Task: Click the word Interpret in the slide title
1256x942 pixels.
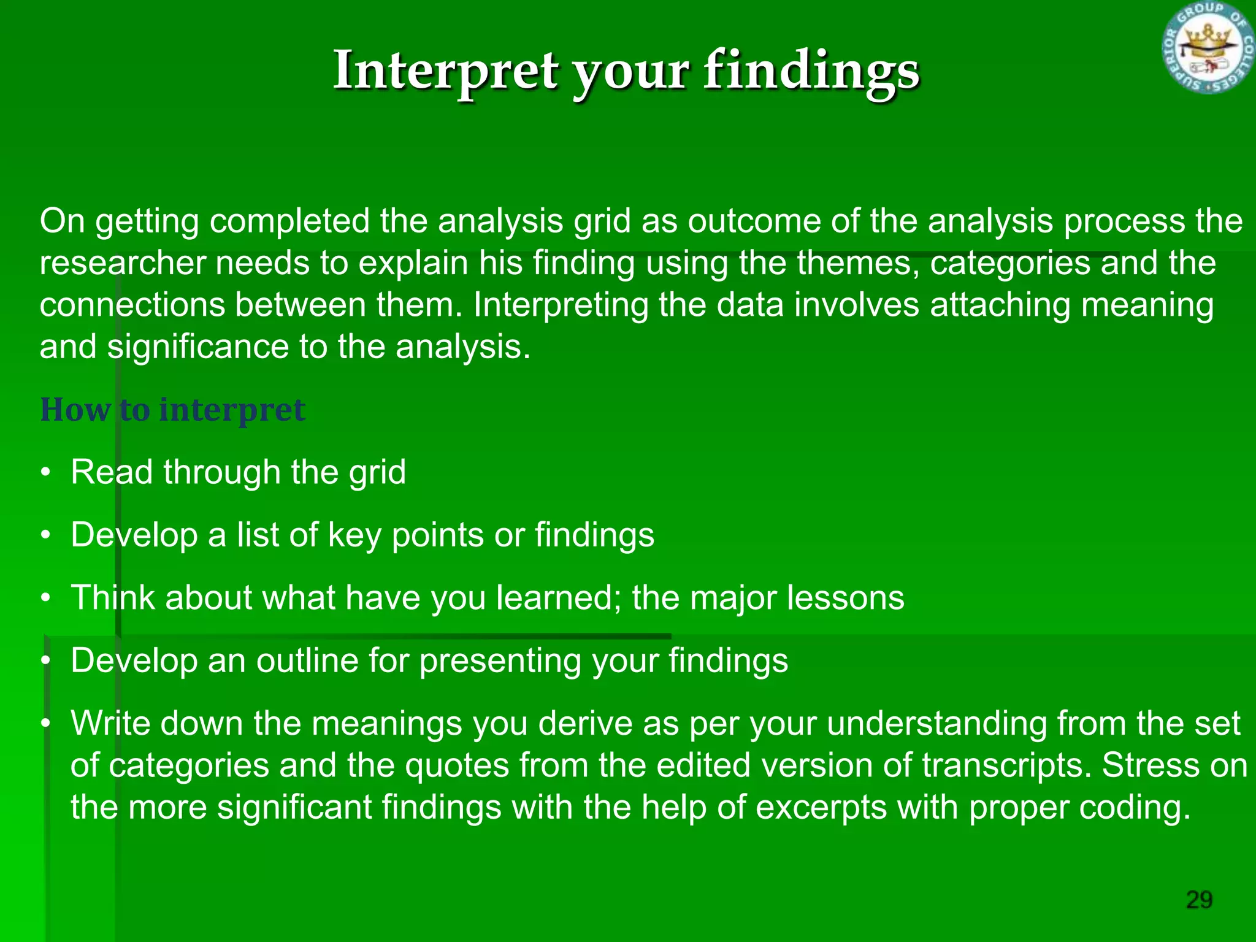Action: click(445, 71)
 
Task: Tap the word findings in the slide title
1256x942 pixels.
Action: click(811, 71)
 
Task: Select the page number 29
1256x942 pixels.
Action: click(1199, 900)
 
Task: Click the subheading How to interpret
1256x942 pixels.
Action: click(172, 410)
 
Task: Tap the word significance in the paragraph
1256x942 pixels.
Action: click(197, 347)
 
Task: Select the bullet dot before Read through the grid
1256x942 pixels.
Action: click(45, 473)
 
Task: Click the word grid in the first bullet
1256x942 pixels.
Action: click(377, 473)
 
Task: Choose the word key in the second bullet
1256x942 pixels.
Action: click(354, 535)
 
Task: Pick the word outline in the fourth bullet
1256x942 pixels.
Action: click(307, 661)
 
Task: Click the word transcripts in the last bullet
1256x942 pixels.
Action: click(1006, 765)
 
